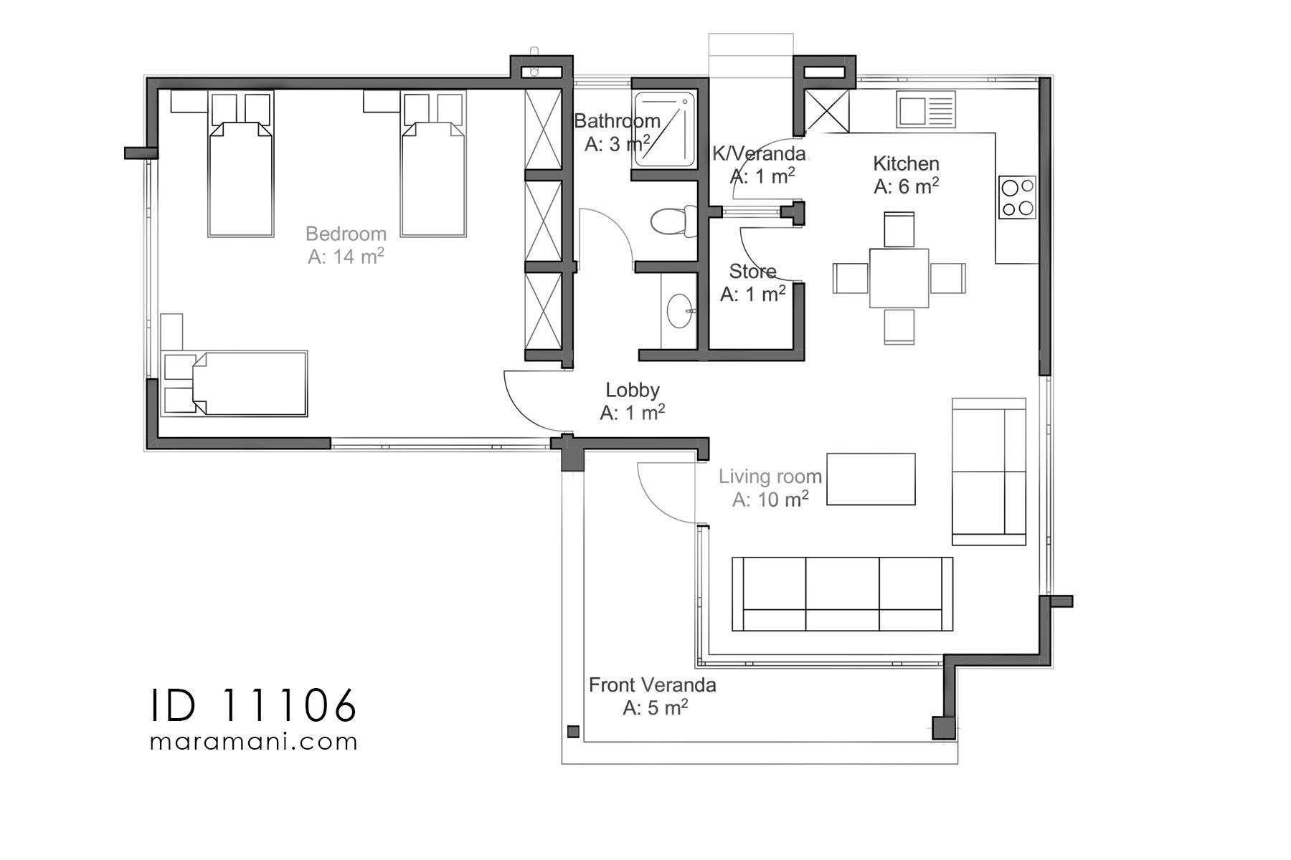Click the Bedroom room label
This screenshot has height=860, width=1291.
click(x=346, y=234)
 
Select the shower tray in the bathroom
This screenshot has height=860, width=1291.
click(x=664, y=129)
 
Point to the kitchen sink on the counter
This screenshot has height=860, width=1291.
click(x=925, y=110)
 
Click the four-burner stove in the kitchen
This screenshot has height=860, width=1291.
click(x=1018, y=198)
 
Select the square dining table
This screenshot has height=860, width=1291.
click(x=899, y=278)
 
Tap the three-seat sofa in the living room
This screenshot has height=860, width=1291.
click(x=842, y=594)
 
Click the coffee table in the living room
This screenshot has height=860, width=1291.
click(x=871, y=479)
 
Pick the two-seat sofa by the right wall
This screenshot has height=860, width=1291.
click(x=988, y=472)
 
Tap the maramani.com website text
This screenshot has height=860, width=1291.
click(x=253, y=741)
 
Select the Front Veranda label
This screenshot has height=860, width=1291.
click(x=652, y=685)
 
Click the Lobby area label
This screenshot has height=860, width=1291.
click(x=632, y=390)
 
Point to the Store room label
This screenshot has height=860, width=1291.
click(x=752, y=272)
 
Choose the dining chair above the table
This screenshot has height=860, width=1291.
click(x=899, y=229)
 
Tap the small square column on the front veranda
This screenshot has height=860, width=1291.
click(x=573, y=732)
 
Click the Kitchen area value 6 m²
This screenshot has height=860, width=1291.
click(x=907, y=187)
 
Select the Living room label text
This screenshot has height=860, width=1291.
click(x=770, y=477)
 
